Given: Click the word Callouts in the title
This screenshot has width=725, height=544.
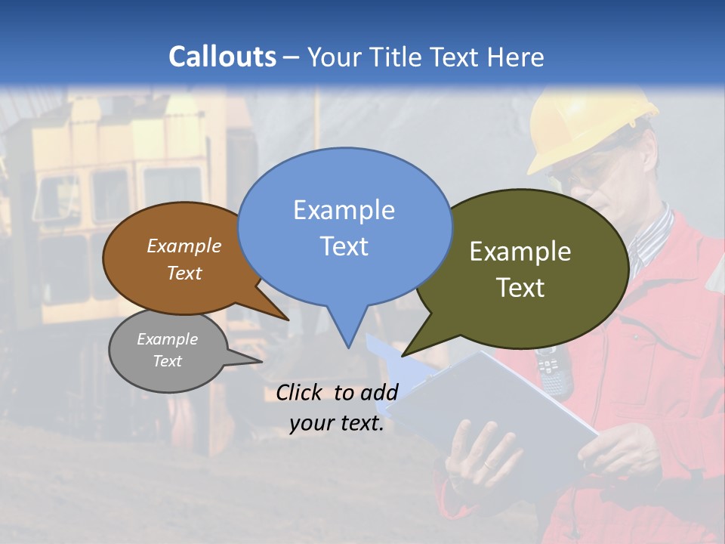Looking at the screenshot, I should [222, 57].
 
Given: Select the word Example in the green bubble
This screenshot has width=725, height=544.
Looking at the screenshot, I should [520, 252].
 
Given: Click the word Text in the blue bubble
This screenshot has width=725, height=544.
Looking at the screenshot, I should [344, 246].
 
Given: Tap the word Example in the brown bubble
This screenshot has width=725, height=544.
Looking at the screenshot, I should [184, 246].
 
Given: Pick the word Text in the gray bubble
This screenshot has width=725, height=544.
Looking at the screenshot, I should [167, 361].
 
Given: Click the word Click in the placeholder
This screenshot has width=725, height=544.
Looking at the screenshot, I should [299, 392].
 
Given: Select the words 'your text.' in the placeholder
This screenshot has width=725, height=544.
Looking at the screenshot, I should [337, 423].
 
